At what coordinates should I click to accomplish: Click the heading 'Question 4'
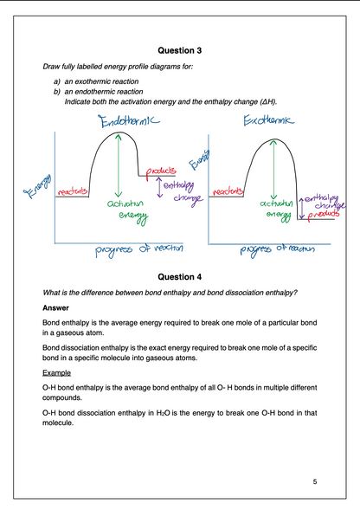point(179,276)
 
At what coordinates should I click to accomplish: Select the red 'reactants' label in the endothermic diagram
point(73,191)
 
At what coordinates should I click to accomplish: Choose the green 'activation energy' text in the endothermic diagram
point(125,208)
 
